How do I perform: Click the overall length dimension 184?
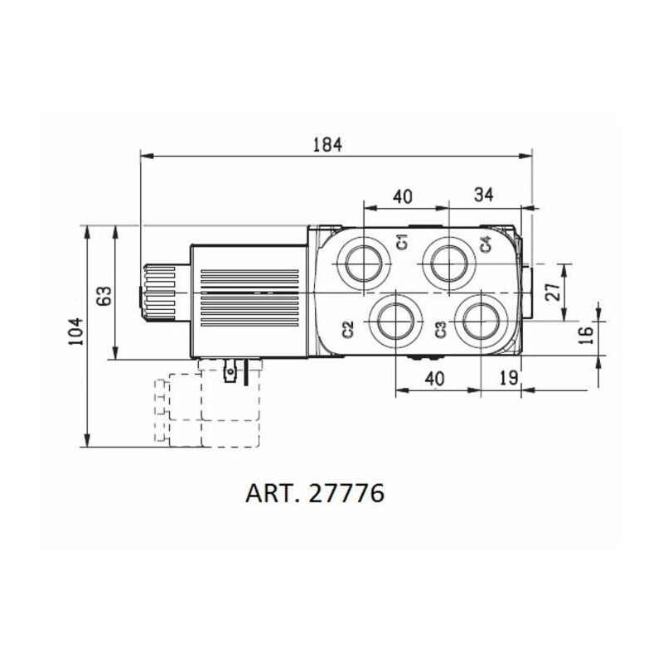click(x=327, y=144)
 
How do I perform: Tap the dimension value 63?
click(x=104, y=295)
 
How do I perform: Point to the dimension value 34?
click(x=483, y=195)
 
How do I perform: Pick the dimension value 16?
click(x=585, y=335)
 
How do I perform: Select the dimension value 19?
click(x=510, y=378)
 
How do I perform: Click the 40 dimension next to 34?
click(x=402, y=196)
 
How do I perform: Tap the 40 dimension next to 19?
click(x=435, y=378)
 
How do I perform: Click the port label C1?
click(x=402, y=242)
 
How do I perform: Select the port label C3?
click(x=441, y=329)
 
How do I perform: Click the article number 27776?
click(x=346, y=494)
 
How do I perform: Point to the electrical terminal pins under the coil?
click(x=231, y=370)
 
